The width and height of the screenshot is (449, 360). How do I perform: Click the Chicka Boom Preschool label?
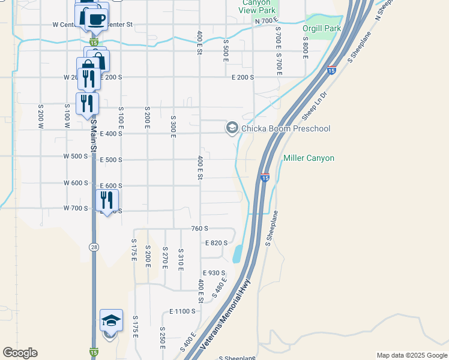285,128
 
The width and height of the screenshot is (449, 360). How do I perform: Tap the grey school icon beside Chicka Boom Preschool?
232,128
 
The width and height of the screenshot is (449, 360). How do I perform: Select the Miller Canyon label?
309,158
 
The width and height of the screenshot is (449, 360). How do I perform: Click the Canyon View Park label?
257,7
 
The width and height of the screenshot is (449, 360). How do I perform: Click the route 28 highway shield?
94,247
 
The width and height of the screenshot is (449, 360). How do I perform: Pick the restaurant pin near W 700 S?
107,200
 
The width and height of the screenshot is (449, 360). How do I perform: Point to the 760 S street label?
200,229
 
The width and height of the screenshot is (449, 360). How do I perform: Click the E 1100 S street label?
182,311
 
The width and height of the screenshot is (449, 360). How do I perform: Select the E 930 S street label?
214,273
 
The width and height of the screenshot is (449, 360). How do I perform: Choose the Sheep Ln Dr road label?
316,103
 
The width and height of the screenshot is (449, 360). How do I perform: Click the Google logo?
20,353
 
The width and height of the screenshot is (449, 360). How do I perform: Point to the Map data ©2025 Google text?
411,355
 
